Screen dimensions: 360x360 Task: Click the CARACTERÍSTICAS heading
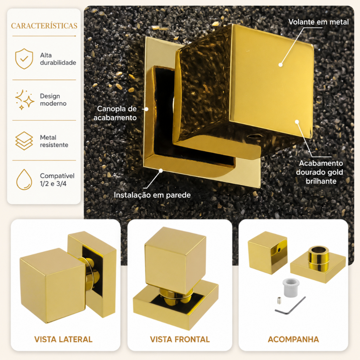point(44,25)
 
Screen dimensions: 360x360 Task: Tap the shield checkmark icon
point(24,59)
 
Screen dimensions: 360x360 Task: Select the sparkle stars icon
point(25,99)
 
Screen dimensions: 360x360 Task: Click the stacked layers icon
point(24,141)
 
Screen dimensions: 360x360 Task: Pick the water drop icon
point(24,180)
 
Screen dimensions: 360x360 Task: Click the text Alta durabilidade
point(58,59)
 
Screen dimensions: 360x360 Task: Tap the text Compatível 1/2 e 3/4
point(57,180)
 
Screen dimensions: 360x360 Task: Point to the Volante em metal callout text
point(319,22)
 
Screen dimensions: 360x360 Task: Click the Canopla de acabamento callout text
point(115,113)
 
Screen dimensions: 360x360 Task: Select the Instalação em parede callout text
point(152,195)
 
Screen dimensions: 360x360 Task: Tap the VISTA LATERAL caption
point(63,339)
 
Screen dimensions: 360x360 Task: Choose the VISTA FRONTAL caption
point(180,339)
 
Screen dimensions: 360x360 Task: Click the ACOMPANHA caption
point(294,339)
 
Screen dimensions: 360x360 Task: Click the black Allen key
point(290,306)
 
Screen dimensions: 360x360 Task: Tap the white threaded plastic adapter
point(291,288)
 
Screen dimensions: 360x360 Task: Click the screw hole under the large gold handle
point(253,136)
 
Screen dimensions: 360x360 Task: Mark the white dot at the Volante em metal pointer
point(280,65)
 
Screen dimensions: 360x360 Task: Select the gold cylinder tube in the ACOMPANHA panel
point(319,258)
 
